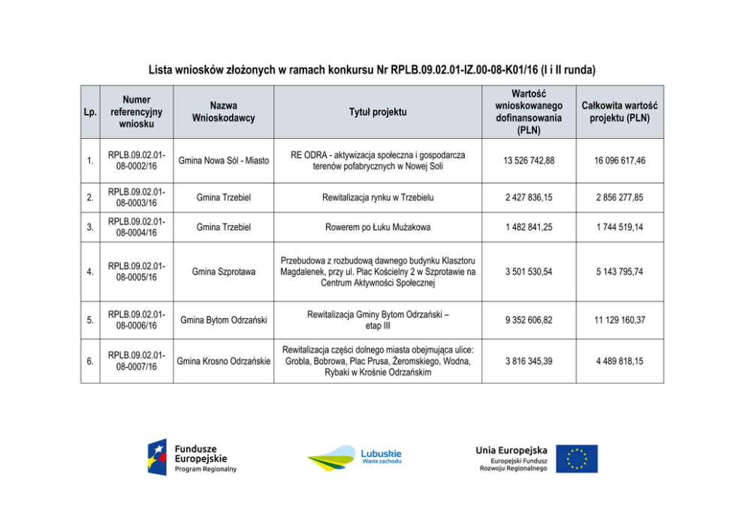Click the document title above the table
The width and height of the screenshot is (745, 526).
(x=372, y=70)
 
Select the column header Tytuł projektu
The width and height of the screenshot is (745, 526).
(x=378, y=112)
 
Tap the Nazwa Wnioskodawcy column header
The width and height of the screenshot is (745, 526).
(x=223, y=112)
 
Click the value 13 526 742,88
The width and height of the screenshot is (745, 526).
(x=529, y=161)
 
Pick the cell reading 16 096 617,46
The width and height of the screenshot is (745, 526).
(x=620, y=161)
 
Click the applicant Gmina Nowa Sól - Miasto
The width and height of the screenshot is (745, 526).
(x=224, y=161)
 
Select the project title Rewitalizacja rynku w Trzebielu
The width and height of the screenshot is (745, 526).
(x=378, y=197)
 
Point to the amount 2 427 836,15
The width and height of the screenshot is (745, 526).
(x=529, y=197)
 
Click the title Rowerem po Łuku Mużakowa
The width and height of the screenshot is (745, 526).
(x=378, y=227)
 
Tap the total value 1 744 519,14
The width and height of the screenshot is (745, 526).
(x=620, y=227)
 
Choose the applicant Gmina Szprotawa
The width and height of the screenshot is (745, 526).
(x=224, y=272)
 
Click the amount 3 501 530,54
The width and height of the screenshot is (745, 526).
(x=529, y=272)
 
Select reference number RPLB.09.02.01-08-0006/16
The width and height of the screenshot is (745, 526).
(x=137, y=320)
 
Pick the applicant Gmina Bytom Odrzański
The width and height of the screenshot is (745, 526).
(x=224, y=320)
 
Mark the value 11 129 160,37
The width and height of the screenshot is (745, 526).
(x=620, y=320)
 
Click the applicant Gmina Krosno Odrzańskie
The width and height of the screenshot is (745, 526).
(x=224, y=361)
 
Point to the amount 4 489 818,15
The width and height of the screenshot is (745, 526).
(x=620, y=361)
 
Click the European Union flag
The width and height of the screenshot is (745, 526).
(x=577, y=458)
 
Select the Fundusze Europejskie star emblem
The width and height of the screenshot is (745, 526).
(x=158, y=458)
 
